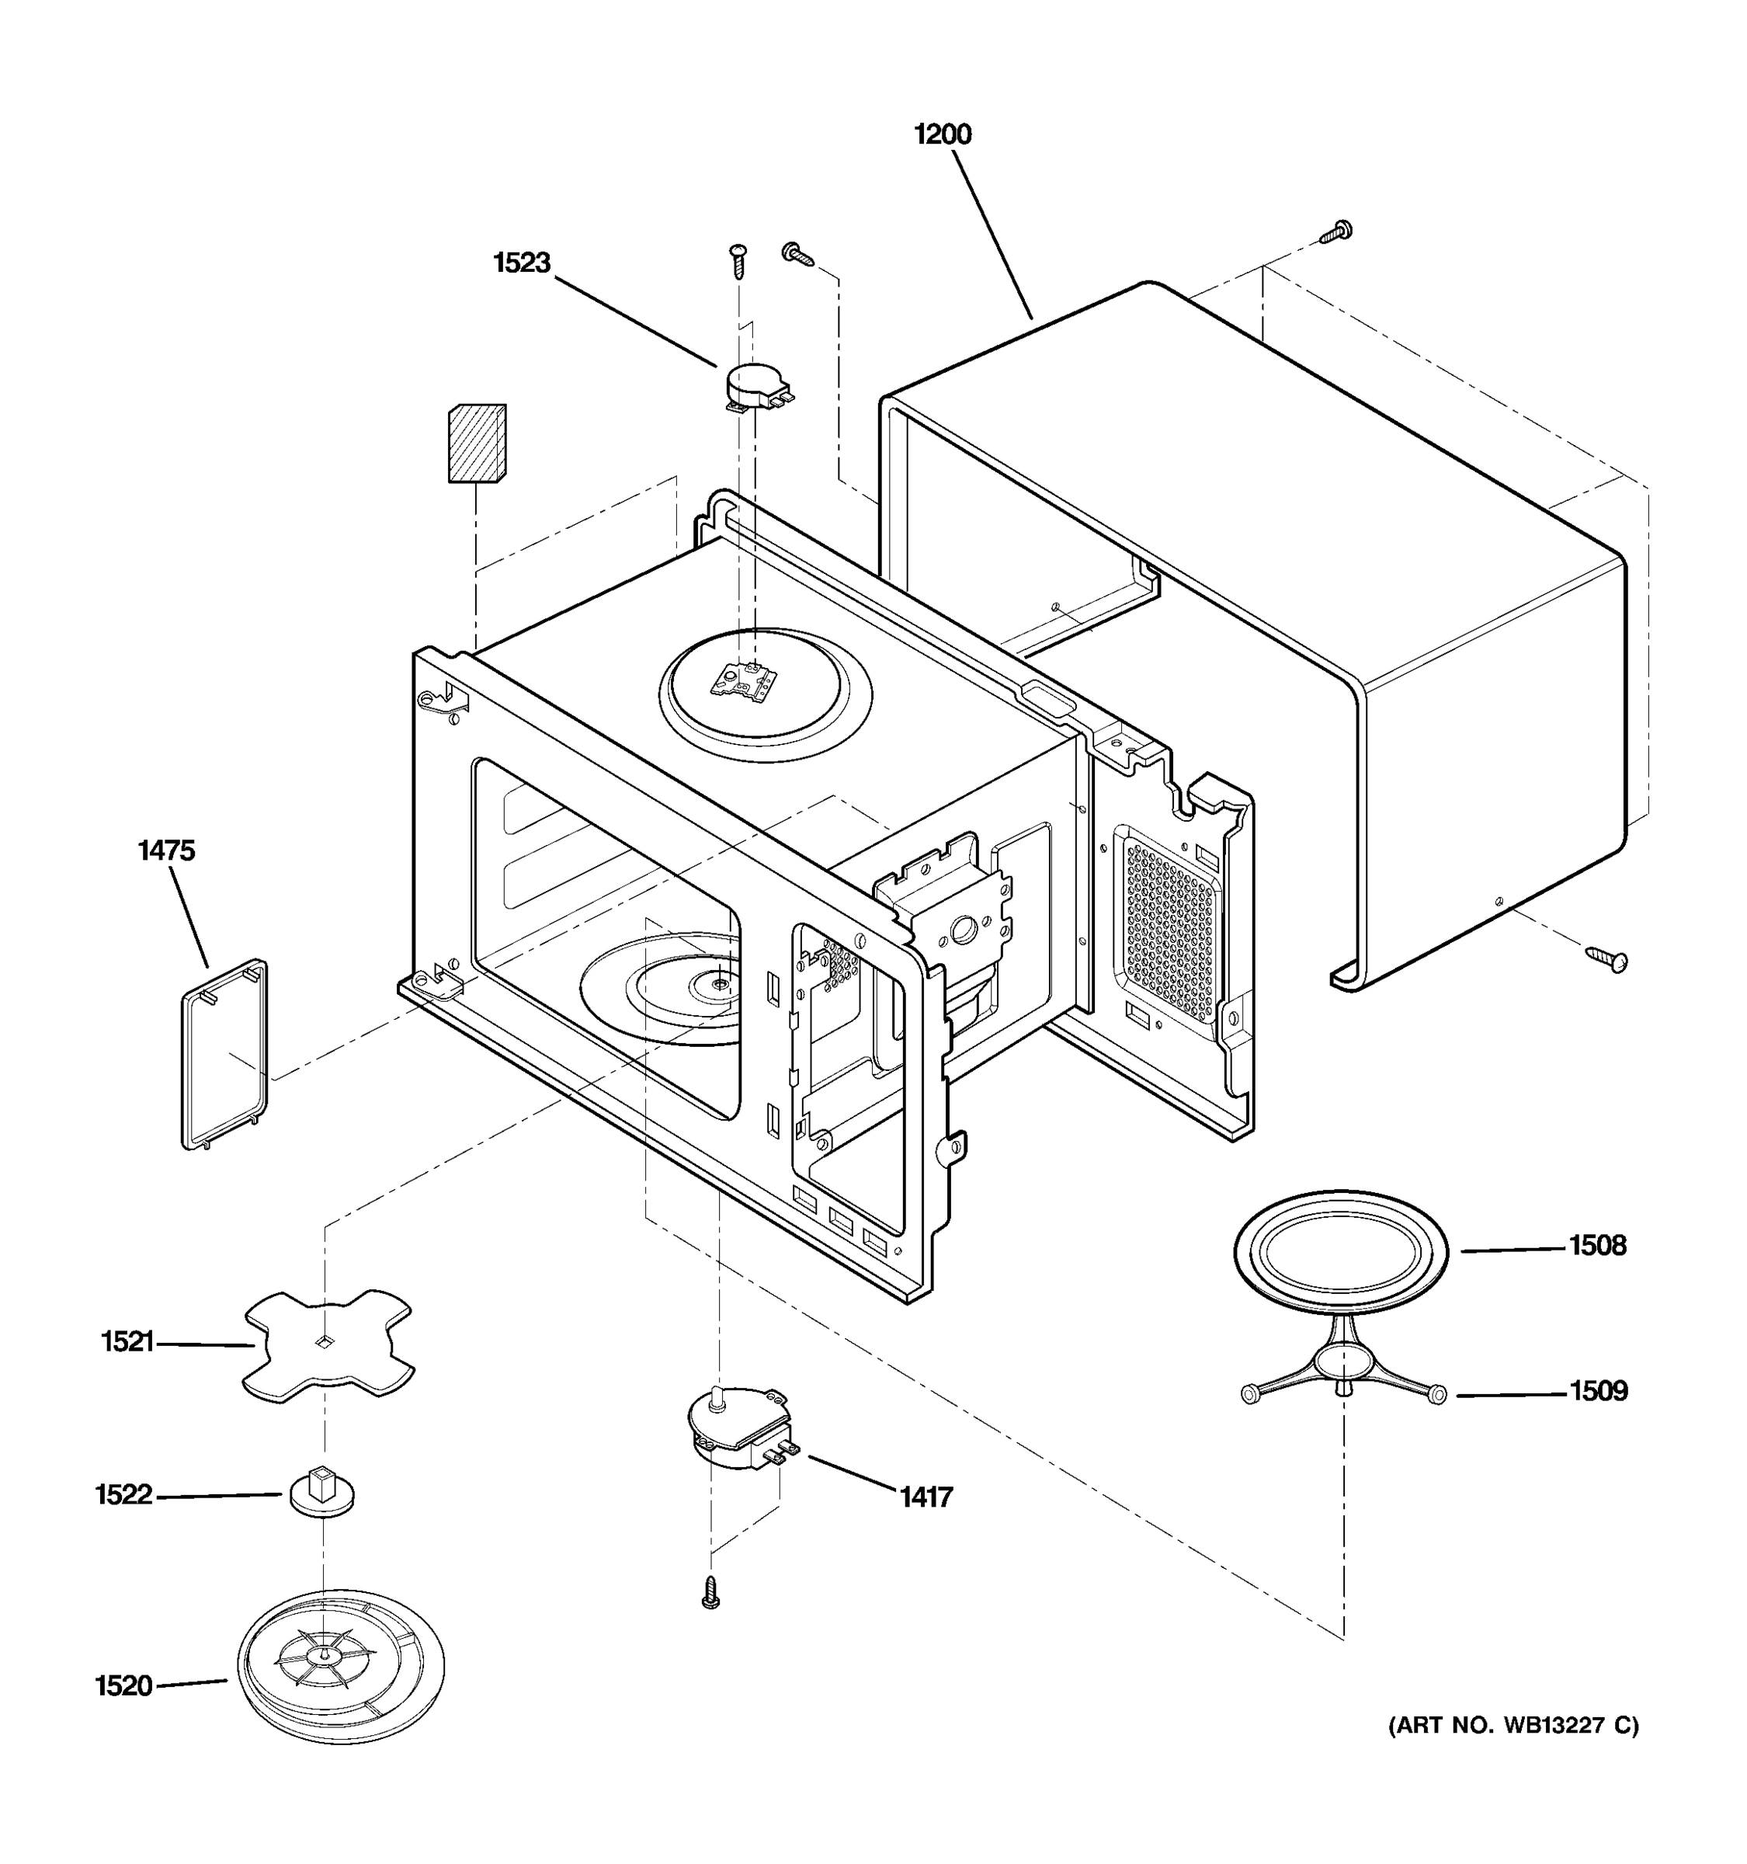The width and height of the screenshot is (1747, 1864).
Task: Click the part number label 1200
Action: tap(942, 134)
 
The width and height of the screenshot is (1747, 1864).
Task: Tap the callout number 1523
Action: tap(521, 263)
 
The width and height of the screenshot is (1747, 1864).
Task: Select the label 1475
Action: tap(166, 850)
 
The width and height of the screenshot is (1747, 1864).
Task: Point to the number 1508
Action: tap(1597, 1246)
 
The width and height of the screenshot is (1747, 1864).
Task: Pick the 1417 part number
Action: tap(926, 1497)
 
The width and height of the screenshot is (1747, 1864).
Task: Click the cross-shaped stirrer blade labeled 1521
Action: tap(328, 1345)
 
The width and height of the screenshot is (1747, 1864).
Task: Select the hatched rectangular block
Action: tap(477, 443)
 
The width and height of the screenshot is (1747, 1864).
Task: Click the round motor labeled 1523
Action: tap(757, 386)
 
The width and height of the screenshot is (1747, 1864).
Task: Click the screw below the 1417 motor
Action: tap(710, 1592)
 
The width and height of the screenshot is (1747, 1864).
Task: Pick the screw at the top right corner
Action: tap(1335, 231)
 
